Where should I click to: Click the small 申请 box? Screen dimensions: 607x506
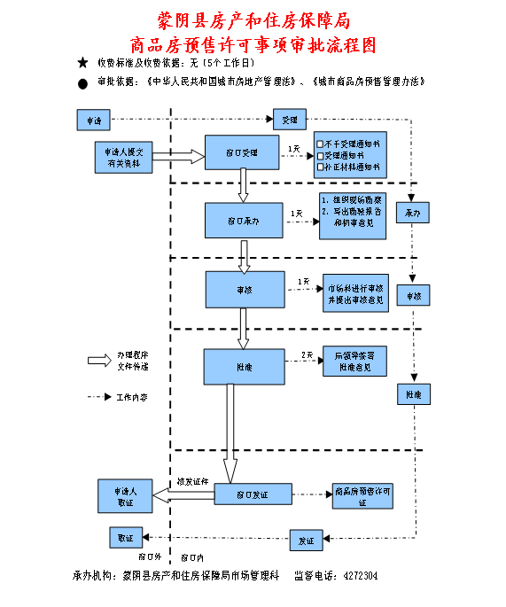93,120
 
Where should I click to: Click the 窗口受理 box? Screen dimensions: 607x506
242,153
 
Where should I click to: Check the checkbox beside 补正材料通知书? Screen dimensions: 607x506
321,167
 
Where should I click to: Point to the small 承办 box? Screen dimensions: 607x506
412,214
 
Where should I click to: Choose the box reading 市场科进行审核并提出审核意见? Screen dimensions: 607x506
354,294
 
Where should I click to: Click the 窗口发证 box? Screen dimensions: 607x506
253,494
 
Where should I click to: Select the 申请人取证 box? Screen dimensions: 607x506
126,495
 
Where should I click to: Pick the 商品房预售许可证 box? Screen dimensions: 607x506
362,496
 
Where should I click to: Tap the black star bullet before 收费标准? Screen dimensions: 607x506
82,63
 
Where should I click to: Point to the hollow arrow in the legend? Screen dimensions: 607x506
97,360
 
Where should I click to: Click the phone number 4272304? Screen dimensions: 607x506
361,576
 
